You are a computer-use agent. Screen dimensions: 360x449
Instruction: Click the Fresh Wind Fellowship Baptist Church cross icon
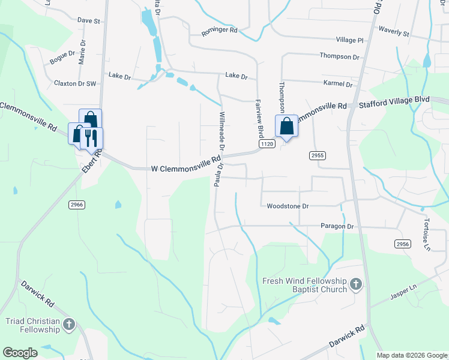[355, 283]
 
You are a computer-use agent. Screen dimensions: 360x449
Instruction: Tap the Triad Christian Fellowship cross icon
[69, 325]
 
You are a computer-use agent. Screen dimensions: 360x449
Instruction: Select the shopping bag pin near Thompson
[287, 127]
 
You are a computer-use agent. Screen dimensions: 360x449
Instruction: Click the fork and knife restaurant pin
[91, 137]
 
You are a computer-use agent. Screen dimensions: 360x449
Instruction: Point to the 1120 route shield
[267, 145]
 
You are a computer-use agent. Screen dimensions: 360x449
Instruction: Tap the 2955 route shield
[318, 155]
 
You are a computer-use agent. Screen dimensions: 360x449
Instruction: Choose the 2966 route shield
[77, 205]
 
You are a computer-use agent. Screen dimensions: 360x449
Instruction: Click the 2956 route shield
[403, 244]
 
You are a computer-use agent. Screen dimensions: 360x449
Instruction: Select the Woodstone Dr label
[288, 206]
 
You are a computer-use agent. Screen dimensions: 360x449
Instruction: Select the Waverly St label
[393, 31]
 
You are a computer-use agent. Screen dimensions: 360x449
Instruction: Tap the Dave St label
[88, 20]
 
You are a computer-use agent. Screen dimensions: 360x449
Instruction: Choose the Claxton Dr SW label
[75, 83]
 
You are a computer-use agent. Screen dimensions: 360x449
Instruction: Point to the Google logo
[20, 353]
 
